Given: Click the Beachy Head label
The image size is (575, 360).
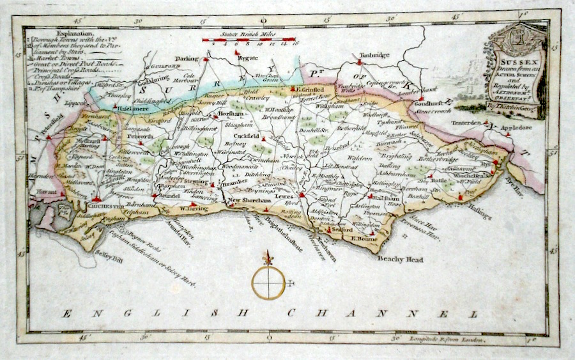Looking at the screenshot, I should (401, 260).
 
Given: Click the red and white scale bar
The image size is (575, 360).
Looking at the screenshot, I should (250, 40).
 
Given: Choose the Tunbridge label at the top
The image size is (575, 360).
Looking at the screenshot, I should (374, 55).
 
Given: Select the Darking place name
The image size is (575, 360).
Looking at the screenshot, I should (188, 59).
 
